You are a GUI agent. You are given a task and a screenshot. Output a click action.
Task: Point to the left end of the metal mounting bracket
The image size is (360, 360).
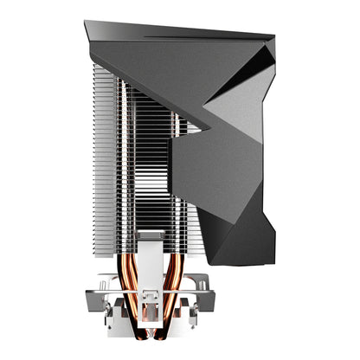pyautogui.click(x=101, y=281)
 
